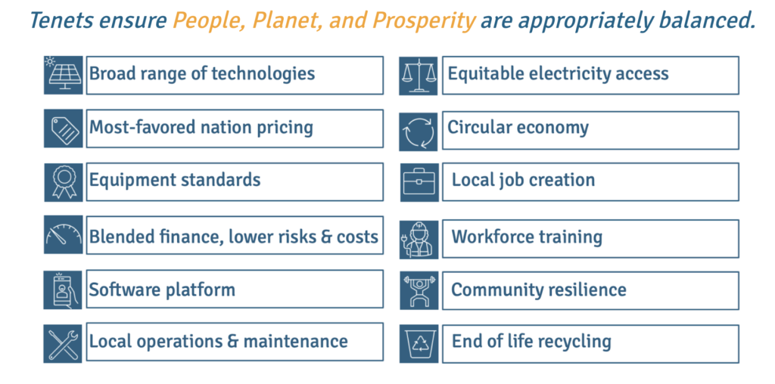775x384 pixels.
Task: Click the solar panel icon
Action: (64, 75)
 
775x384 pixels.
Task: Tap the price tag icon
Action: (64, 129)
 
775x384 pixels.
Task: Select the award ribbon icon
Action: (64, 182)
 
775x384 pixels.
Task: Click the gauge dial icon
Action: (64, 235)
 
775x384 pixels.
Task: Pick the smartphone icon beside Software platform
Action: (64, 290)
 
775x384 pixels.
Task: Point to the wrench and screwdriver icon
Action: (64, 343)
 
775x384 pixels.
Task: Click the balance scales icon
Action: (419, 76)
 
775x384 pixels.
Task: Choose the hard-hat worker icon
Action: (419, 240)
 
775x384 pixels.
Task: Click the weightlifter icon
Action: (419, 290)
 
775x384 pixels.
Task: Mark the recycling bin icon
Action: (419, 343)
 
